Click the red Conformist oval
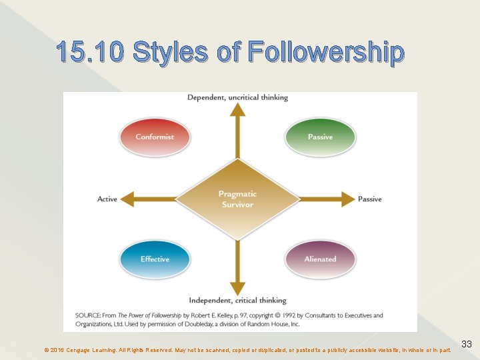[x=155, y=137]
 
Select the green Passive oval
[x=320, y=137]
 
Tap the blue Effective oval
[x=155, y=259]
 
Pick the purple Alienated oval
[x=320, y=259]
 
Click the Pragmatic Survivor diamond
[x=237, y=199]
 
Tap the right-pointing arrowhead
[x=347, y=199]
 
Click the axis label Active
[x=107, y=199]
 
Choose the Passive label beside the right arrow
[x=370, y=199]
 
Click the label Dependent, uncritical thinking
[x=237, y=97]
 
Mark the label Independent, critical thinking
[x=237, y=300]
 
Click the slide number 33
[x=467, y=344]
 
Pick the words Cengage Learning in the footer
[x=90, y=349]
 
